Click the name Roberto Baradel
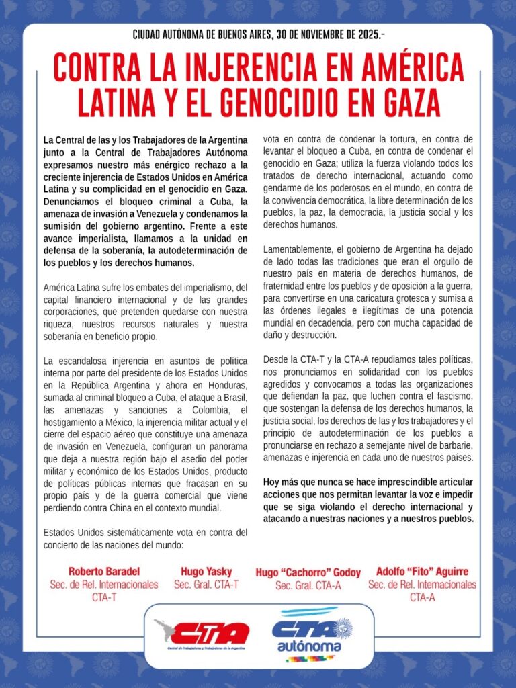point(103,572)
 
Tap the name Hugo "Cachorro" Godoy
point(308,573)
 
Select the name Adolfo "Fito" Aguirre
point(422,572)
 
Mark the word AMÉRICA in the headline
point(406,69)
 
